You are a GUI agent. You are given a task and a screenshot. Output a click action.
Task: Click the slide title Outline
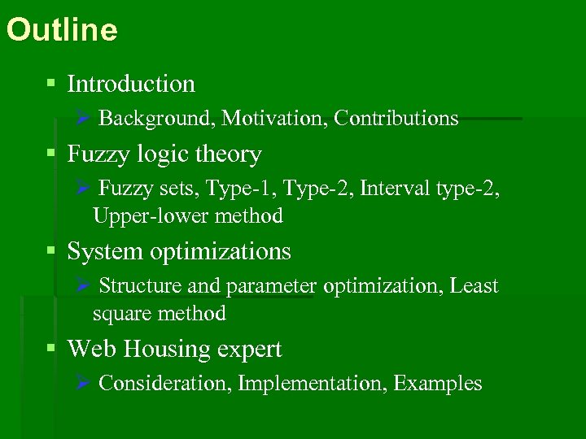click(x=62, y=31)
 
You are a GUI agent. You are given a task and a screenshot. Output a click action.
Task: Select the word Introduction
click(x=131, y=84)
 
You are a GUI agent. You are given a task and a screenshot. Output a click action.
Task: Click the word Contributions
click(x=396, y=119)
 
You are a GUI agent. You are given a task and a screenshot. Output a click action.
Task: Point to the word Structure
click(x=140, y=286)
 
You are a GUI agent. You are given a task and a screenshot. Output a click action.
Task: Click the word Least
click(x=474, y=286)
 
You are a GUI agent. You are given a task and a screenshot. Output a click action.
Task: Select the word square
click(x=119, y=314)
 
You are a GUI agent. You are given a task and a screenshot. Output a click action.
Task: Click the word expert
click(x=250, y=350)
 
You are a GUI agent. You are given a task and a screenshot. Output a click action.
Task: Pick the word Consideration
click(x=165, y=384)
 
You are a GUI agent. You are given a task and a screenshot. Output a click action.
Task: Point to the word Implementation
click(x=313, y=384)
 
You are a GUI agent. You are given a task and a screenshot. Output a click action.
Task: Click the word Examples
click(x=438, y=384)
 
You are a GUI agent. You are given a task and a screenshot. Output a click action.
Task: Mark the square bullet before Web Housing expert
click(x=51, y=348)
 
